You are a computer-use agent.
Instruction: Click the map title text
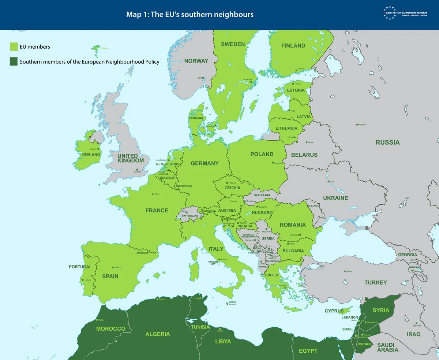(190, 14)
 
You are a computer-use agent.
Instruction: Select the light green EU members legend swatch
(14, 47)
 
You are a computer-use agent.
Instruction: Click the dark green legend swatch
(14, 62)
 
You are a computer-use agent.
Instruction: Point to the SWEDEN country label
(233, 44)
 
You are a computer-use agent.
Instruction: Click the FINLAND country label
(293, 46)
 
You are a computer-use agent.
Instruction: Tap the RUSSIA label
(387, 142)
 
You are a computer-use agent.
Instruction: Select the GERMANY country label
(205, 163)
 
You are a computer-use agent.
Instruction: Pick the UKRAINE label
(335, 198)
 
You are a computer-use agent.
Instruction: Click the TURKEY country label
(375, 282)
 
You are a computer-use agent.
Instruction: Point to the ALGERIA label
(158, 334)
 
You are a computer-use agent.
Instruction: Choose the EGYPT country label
(308, 351)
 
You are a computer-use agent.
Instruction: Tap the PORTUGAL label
(80, 267)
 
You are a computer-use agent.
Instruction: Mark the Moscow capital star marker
(357, 125)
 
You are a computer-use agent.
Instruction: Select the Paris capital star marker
(153, 194)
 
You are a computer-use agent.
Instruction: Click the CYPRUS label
(334, 311)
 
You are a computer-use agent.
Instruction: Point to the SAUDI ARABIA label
(387, 347)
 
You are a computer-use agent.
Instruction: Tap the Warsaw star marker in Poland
(273, 163)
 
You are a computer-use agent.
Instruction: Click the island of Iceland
(96, 48)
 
